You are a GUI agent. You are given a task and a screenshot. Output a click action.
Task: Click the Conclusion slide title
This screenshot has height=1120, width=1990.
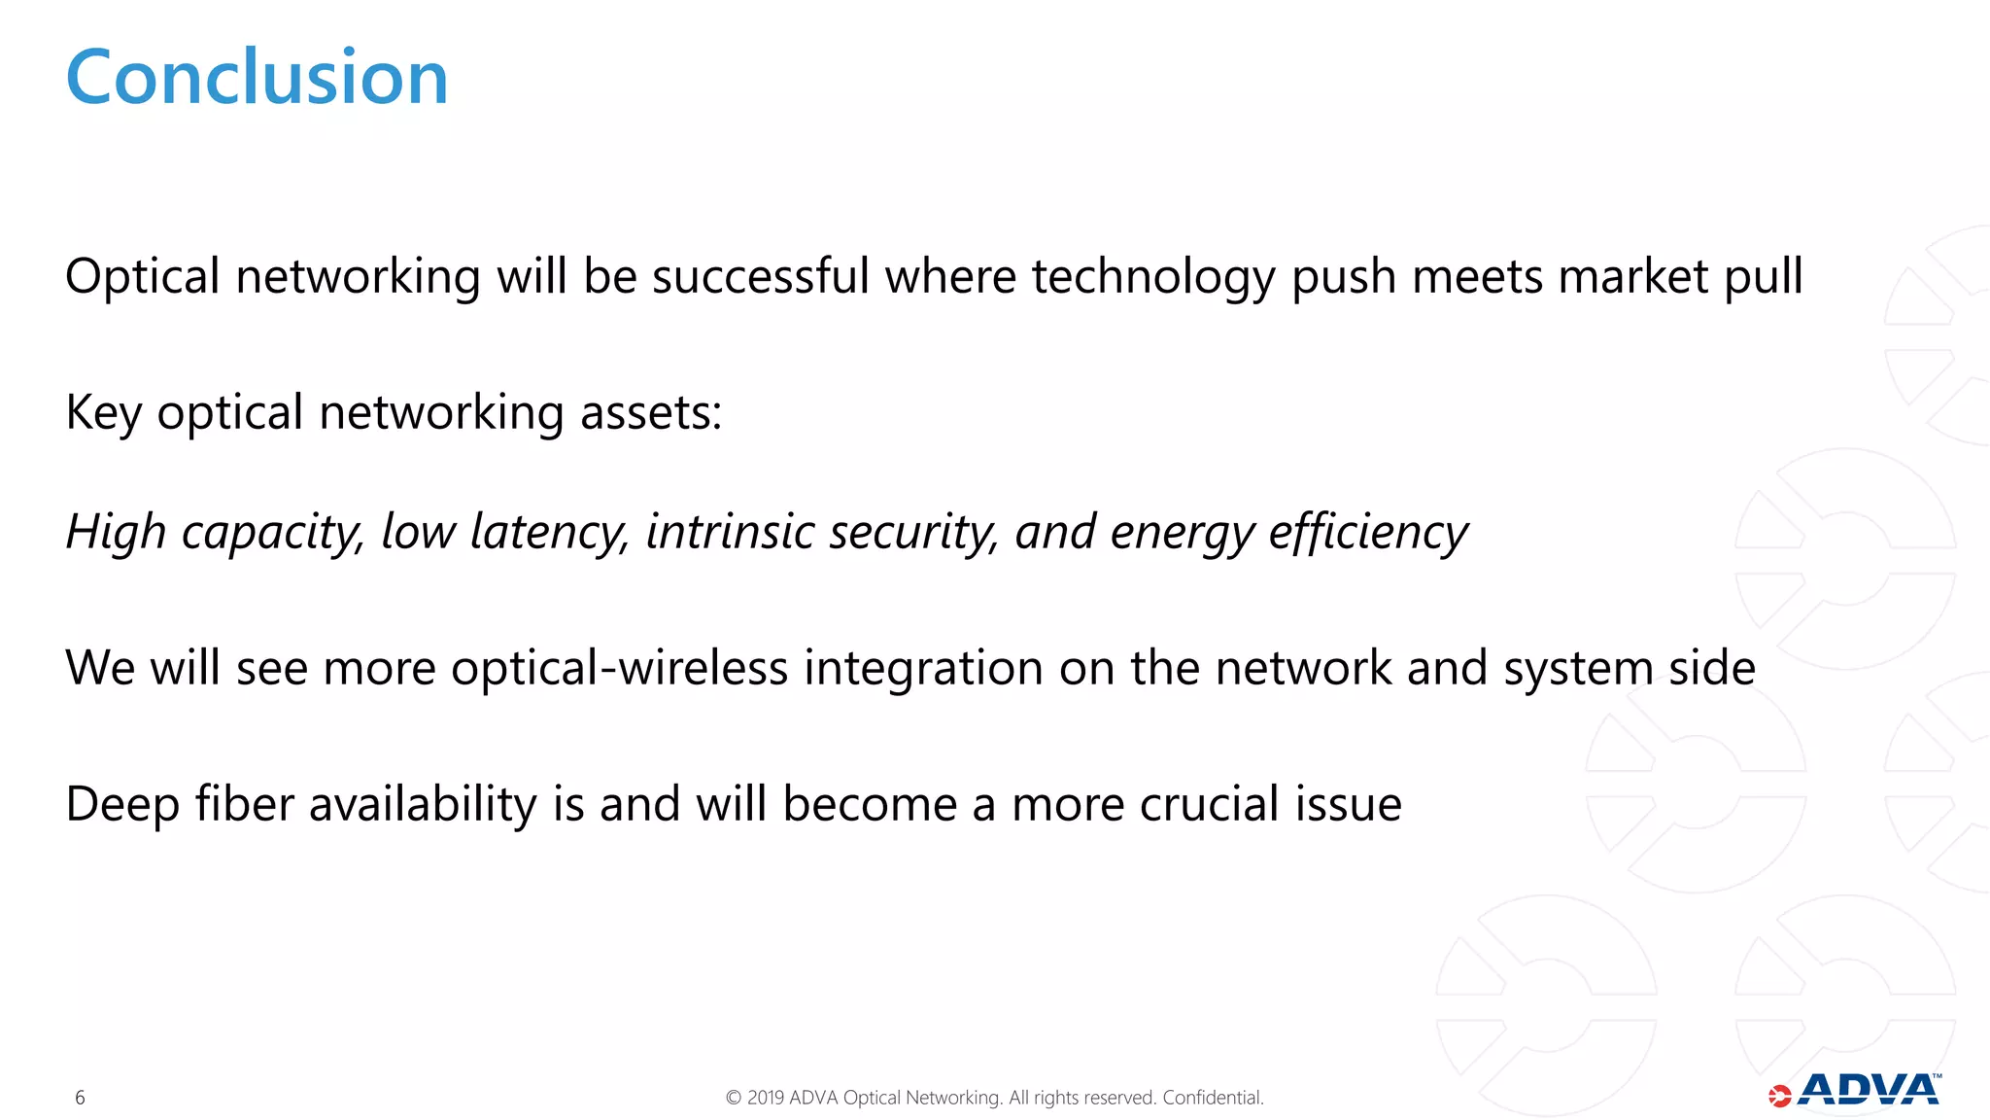(x=257, y=78)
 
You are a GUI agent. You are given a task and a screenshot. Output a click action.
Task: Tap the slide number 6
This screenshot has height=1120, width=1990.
(x=80, y=1098)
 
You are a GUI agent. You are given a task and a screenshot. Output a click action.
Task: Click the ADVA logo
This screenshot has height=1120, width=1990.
(x=1856, y=1091)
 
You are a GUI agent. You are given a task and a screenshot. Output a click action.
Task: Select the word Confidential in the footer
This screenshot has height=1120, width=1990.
(x=1213, y=1098)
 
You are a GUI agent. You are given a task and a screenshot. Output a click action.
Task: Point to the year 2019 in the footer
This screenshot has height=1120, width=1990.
(x=766, y=1098)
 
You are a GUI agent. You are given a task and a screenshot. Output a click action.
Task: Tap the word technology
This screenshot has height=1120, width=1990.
(x=1152, y=278)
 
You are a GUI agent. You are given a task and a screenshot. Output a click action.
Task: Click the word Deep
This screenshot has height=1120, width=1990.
(x=122, y=805)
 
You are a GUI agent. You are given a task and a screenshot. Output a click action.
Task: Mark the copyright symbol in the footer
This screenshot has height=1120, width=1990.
(x=734, y=1098)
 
